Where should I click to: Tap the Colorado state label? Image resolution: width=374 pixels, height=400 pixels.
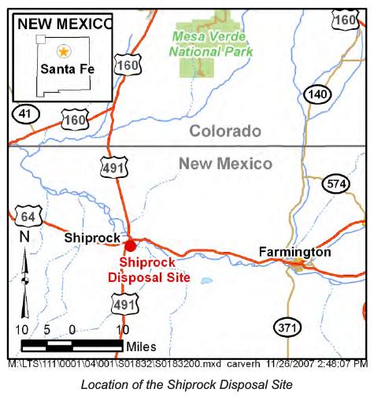224,131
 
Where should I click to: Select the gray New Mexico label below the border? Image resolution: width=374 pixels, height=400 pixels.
225,164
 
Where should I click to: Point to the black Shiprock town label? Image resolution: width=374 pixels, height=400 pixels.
92,237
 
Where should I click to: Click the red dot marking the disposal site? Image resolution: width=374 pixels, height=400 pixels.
131,246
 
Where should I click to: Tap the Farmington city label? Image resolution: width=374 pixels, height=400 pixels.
294,252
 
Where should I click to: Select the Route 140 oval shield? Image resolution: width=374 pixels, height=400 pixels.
316,95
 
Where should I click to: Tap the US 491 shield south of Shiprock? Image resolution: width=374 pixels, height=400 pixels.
124,304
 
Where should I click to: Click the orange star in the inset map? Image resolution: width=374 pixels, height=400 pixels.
64,51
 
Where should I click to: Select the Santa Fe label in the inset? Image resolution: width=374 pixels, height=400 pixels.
67,69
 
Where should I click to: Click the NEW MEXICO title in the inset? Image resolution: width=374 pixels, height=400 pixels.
65,23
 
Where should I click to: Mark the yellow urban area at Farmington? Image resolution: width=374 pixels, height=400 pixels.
298,265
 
